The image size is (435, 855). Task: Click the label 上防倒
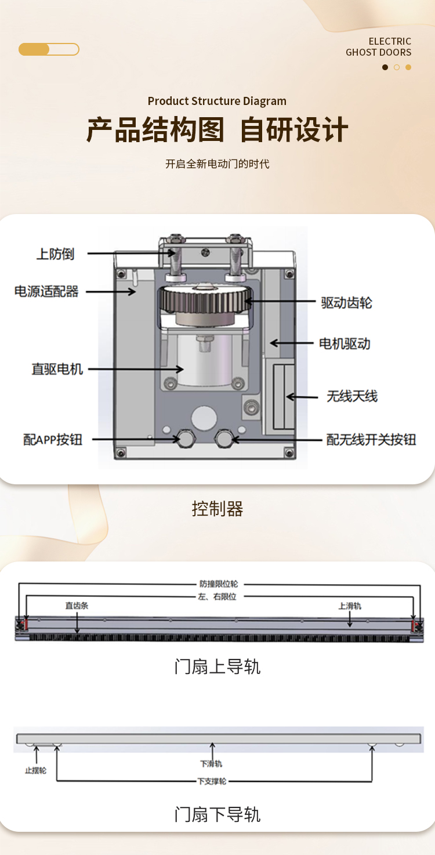(55, 254)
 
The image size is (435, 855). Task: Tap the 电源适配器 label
(46, 291)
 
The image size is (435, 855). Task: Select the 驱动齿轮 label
(346, 303)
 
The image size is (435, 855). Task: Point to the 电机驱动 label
(345, 343)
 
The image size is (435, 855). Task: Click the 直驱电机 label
(57, 369)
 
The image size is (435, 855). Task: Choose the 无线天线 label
(352, 396)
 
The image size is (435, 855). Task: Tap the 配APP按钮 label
(53, 440)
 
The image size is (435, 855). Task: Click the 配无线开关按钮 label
(371, 440)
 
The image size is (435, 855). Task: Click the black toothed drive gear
(206, 299)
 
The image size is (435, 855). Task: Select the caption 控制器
(217, 509)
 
